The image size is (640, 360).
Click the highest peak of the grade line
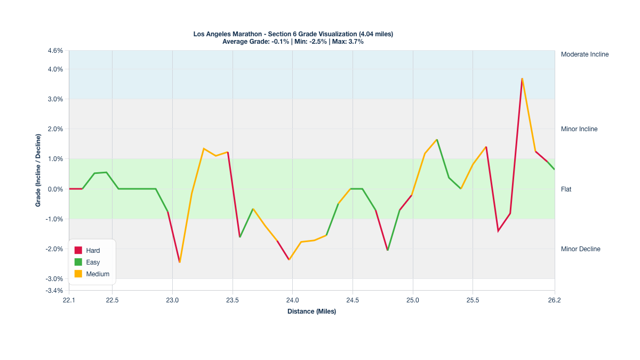522,78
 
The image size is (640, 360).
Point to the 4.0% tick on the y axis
55,69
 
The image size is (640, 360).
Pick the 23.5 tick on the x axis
232,300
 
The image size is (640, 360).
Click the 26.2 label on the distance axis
554,300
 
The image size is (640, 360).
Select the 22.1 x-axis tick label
69,300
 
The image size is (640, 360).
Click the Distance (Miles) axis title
311,311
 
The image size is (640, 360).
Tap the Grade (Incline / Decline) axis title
38,171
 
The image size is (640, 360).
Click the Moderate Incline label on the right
585,54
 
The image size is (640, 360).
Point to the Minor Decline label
580,249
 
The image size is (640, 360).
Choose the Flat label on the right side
566,189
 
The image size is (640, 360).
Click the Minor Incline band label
579,129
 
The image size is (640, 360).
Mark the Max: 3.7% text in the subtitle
348,42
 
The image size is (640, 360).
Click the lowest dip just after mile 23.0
180,262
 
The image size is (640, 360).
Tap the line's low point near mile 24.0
289,259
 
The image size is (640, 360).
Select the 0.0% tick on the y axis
55,189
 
